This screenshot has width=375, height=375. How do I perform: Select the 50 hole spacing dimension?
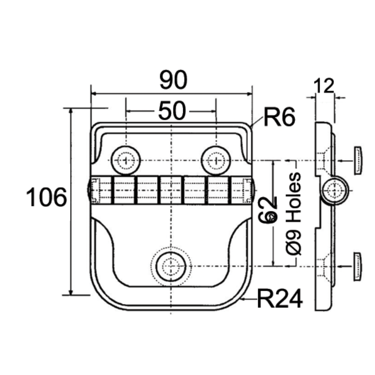(x=172, y=111)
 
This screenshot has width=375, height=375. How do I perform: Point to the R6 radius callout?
(x=278, y=118)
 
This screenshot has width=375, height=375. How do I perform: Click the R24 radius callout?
(x=279, y=299)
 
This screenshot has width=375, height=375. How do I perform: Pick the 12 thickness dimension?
(x=323, y=86)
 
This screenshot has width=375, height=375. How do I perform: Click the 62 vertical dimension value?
(x=269, y=209)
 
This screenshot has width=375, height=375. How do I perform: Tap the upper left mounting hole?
(x=126, y=161)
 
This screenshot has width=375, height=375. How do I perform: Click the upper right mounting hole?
(x=216, y=161)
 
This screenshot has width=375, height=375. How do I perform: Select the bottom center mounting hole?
(x=171, y=266)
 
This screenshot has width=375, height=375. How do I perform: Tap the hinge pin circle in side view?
(x=336, y=189)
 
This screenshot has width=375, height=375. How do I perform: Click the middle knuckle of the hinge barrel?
(x=171, y=190)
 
